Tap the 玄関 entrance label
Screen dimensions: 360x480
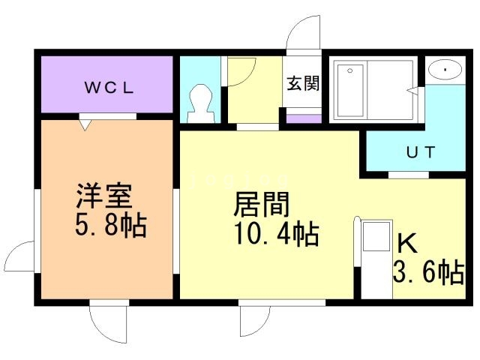click(x=302, y=82)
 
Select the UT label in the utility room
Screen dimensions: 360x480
click(x=420, y=151)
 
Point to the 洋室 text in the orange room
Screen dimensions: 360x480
click(x=104, y=196)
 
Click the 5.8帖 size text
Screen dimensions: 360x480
click(x=109, y=225)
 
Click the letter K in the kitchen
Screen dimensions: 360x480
click(x=407, y=244)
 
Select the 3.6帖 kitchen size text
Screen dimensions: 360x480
click(x=427, y=272)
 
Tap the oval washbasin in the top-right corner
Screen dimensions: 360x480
click(x=447, y=71)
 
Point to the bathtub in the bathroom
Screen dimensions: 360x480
click(x=349, y=91)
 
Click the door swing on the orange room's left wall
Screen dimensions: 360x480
click(x=24, y=259)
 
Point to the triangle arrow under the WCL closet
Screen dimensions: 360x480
click(x=86, y=124)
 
